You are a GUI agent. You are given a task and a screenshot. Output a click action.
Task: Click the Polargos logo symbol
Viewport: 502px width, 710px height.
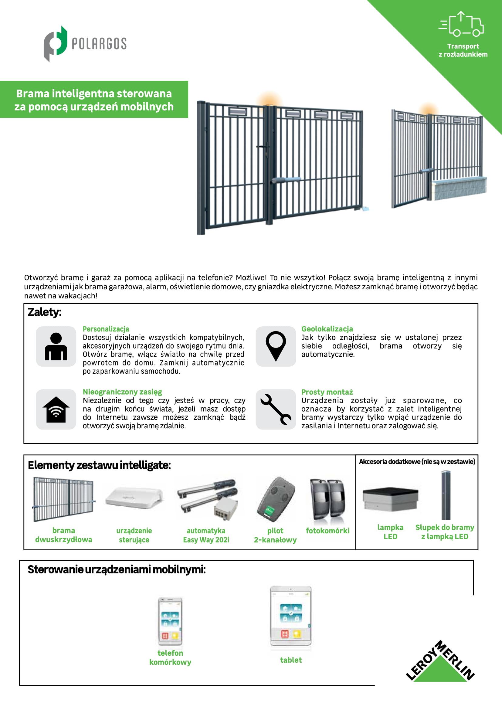[55, 44]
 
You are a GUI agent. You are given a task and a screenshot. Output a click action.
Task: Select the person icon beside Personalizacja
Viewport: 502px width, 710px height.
[56, 346]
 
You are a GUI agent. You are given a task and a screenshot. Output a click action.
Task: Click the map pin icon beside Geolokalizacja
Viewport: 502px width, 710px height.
[276, 346]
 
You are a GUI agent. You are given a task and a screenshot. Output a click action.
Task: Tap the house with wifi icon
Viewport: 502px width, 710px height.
[56, 409]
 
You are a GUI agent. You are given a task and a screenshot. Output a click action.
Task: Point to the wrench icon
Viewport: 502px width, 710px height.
[276, 409]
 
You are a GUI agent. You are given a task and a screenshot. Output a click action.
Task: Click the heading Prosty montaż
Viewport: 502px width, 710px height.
[327, 392]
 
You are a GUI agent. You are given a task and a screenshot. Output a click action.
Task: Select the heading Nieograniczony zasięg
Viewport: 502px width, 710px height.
[122, 392]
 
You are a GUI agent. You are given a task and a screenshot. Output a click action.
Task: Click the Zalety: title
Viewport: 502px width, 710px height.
[45, 312]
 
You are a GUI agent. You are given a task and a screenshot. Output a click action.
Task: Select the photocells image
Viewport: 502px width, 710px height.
[328, 498]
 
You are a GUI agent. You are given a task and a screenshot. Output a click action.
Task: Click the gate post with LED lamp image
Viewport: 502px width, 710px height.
[446, 495]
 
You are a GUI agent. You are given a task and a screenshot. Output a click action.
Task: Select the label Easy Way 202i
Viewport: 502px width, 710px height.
[206, 540]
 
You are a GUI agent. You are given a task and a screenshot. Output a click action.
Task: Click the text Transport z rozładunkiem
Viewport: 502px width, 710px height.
[463, 50]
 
